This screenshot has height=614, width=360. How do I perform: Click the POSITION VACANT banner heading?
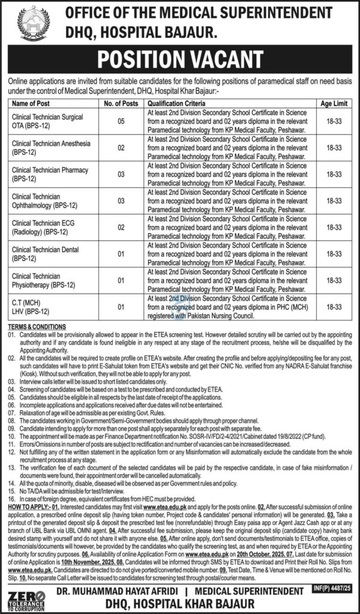[179, 61]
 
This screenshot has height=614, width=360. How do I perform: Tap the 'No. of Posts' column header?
[121, 103]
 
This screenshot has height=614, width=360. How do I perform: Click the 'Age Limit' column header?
[334, 103]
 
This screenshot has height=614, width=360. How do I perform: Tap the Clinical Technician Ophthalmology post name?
[43, 201]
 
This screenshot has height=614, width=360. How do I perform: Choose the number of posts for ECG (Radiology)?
[121, 228]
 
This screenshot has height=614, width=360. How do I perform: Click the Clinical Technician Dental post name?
[45, 254]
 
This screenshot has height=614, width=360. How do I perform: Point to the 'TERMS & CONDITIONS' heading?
[37, 324]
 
